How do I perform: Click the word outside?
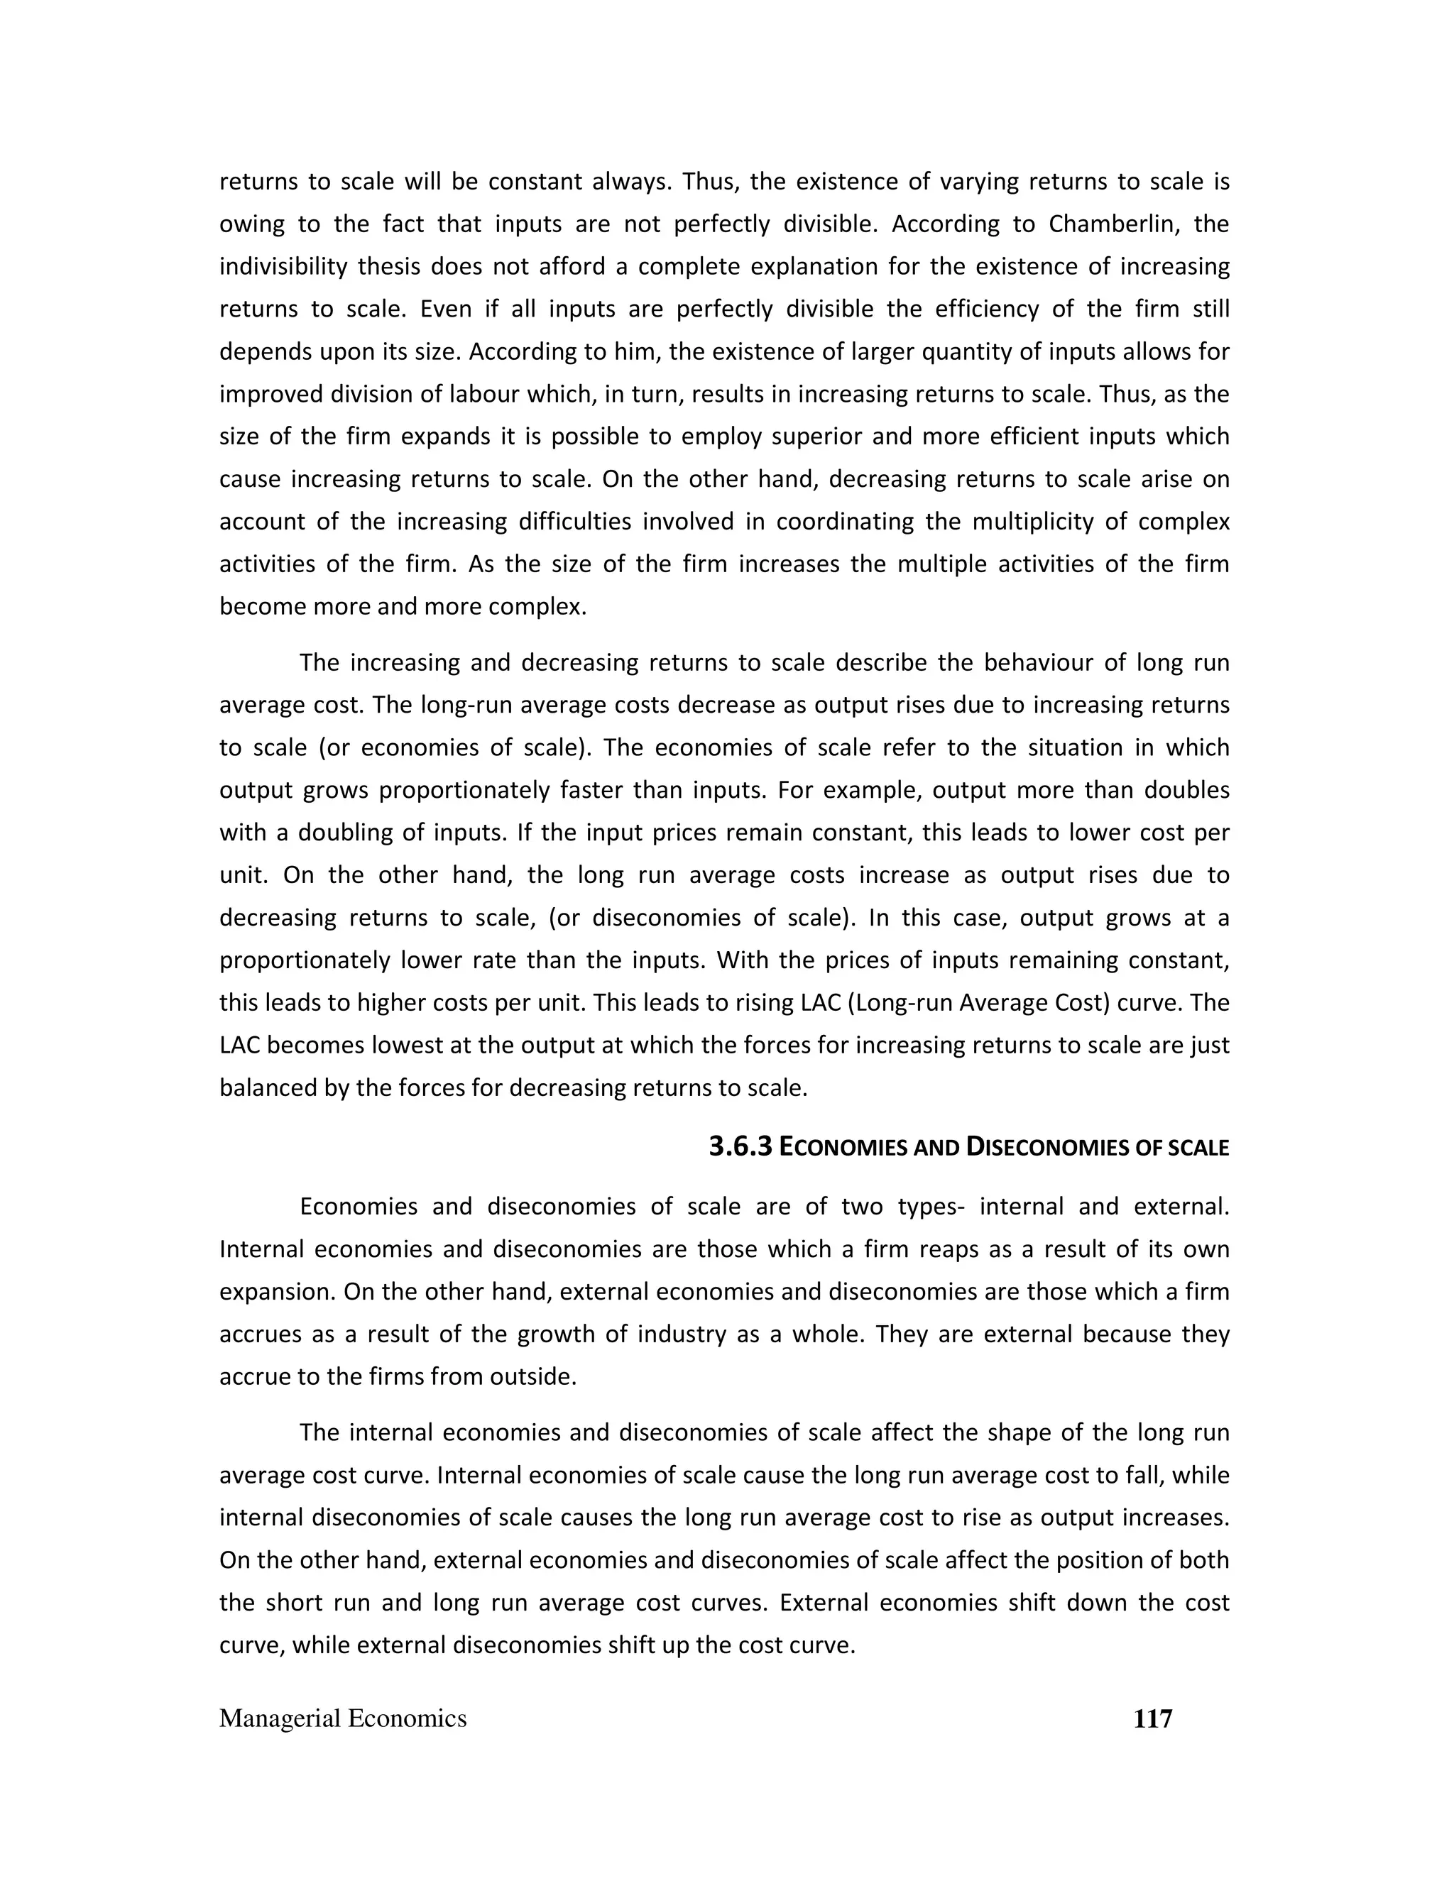click(532, 1376)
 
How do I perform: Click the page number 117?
click(1152, 1719)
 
